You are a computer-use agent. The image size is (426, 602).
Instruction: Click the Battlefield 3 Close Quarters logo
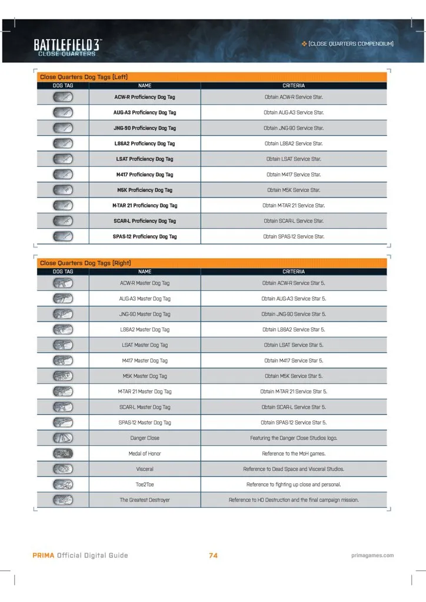(66, 48)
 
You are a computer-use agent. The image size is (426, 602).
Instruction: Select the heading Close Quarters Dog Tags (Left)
(84, 77)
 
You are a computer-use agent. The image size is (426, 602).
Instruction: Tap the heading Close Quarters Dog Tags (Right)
(85, 263)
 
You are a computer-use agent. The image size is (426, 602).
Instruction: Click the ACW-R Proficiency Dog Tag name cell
(145, 96)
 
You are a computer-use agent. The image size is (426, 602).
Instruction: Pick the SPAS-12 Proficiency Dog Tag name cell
(145, 236)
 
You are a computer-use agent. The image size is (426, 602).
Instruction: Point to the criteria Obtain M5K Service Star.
(294, 190)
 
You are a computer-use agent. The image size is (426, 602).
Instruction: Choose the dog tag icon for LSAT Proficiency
(63, 159)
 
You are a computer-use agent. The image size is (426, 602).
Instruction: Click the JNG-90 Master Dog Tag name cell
(145, 314)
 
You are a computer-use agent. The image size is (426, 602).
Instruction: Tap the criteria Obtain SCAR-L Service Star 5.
(294, 407)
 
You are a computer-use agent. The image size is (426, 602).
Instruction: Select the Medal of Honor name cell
(145, 453)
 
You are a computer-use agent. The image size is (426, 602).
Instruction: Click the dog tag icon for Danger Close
(63, 438)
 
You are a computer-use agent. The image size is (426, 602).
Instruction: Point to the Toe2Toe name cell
(145, 484)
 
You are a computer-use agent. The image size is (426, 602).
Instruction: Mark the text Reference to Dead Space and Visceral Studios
(294, 469)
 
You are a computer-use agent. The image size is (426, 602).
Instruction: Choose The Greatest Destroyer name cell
(145, 500)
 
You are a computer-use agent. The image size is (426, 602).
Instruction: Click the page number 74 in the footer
(213, 555)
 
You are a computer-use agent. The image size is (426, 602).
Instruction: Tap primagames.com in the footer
(371, 555)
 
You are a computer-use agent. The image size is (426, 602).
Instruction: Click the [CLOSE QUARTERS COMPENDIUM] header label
(351, 44)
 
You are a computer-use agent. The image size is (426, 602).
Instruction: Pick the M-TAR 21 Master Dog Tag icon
(63, 392)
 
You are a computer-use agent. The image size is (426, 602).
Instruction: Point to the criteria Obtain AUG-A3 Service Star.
(294, 112)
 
